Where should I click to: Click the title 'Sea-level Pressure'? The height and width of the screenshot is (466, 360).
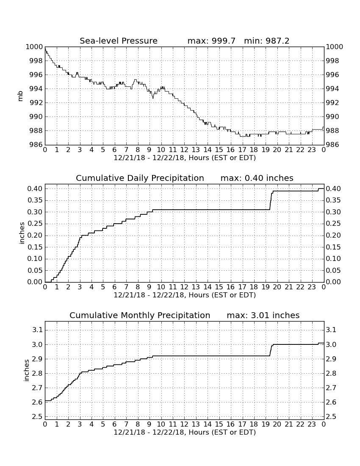click(x=119, y=41)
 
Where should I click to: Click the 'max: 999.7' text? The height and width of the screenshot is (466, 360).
click(x=211, y=41)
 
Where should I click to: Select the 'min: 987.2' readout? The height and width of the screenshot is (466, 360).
click(x=266, y=41)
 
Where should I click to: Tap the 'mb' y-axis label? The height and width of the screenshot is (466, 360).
click(x=20, y=96)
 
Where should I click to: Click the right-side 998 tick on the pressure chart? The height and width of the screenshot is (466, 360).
click(x=335, y=61)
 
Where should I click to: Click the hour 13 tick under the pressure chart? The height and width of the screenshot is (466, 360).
click(x=196, y=150)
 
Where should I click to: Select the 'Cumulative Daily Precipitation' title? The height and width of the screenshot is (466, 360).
click(x=140, y=178)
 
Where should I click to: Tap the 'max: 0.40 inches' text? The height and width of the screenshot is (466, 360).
click(x=257, y=178)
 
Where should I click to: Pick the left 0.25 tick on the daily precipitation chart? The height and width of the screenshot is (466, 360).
click(x=35, y=224)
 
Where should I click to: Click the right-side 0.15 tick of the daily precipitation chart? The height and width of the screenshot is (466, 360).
click(x=333, y=247)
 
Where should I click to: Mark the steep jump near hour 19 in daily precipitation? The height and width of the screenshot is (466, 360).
click(x=271, y=201)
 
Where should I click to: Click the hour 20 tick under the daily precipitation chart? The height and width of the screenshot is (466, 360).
click(x=277, y=287)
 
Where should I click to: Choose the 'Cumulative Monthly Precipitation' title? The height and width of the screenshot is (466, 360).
click(x=140, y=315)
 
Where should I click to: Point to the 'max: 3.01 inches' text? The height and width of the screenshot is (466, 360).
click(x=263, y=315)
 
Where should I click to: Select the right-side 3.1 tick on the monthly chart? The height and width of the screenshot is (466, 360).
click(x=331, y=330)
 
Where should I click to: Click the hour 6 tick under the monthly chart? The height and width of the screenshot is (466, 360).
click(x=115, y=424)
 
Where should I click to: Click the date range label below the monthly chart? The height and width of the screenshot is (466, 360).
click(x=185, y=432)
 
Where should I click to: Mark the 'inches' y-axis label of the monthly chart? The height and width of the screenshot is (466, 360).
click(x=26, y=370)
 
